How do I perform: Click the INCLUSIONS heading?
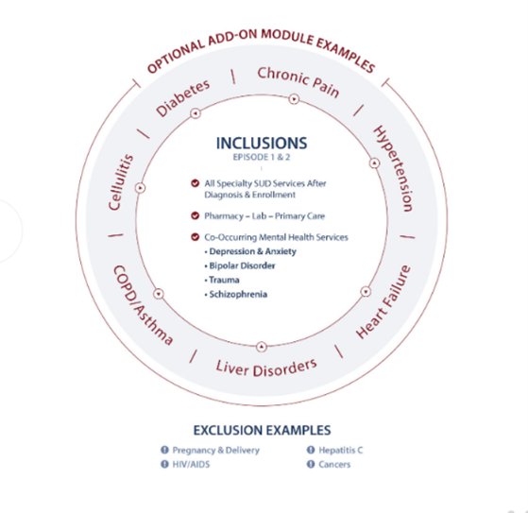tap(262, 144)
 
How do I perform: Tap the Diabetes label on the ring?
tap(183, 98)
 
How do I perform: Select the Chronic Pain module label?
tap(298, 82)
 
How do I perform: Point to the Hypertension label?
tap(393, 168)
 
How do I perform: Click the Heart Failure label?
tap(383, 301)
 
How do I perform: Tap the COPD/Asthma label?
tap(144, 305)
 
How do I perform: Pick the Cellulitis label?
tap(121, 182)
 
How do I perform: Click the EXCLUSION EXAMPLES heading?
tap(262, 430)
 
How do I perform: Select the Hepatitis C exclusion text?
tap(341, 450)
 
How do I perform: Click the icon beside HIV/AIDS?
tap(164, 464)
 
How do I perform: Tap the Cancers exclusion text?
tap(334, 465)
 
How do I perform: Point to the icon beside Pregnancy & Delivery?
tap(164, 450)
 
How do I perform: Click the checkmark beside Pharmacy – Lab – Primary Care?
tap(195, 215)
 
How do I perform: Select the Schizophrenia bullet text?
tap(238, 295)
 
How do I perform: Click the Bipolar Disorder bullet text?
tap(242, 265)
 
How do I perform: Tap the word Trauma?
tap(224, 280)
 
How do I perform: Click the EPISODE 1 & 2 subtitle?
tap(262, 158)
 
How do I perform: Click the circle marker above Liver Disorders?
tap(262, 347)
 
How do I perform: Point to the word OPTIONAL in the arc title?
tap(177, 57)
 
